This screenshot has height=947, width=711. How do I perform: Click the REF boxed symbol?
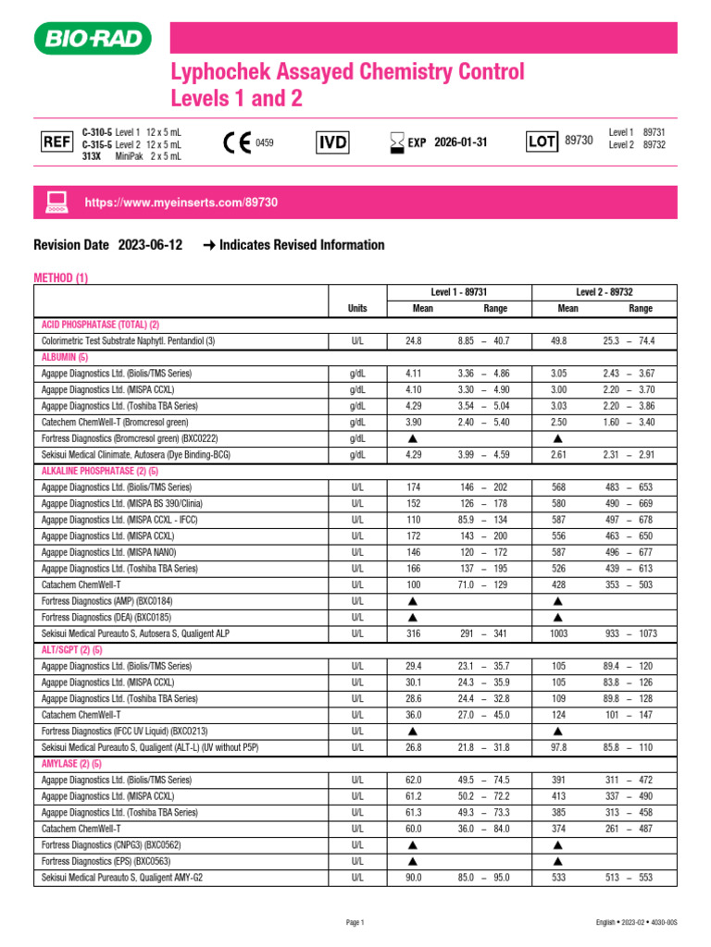point(56,141)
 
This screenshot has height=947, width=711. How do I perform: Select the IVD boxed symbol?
point(332,141)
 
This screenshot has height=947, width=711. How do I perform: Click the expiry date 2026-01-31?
point(461,142)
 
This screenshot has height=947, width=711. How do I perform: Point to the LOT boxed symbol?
point(541,141)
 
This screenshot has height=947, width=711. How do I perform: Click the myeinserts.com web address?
point(181,202)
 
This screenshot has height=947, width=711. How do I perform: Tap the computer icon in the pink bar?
point(56,202)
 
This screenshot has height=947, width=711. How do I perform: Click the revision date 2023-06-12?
point(150,245)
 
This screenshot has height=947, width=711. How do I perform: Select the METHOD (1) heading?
point(61,277)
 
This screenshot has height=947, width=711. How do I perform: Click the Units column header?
point(356,309)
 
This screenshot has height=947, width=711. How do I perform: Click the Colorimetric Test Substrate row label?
point(128,341)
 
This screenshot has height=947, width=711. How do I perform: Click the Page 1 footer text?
point(355,922)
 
